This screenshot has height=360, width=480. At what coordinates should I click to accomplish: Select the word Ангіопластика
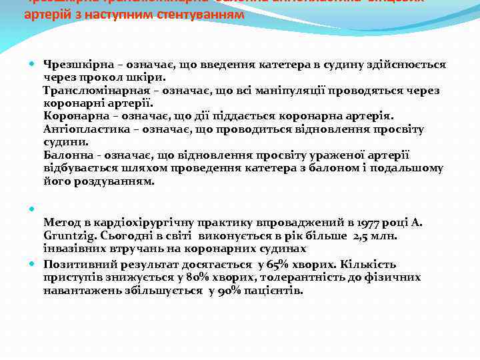point(83,129)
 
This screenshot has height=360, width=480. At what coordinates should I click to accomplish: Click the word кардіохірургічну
point(137,223)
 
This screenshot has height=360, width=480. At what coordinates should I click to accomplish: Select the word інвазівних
point(74,249)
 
